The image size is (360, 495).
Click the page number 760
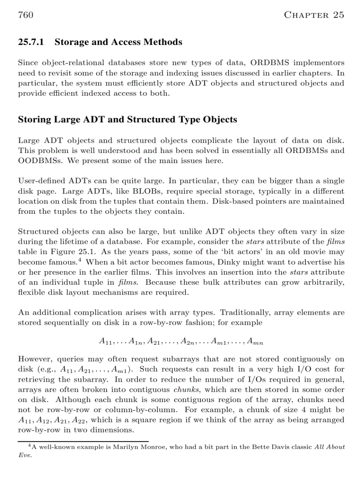pyautogui.click(x=26, y=15)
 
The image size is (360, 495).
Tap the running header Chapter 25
pyautogui.click(x=314, y=15)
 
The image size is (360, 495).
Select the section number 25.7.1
pyautogui.click(x=32, y=42)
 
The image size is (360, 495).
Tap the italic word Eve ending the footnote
pyautogui.click(x=23, y=455)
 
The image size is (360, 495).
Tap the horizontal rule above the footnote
pyautogui.click(x=83, y=441)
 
